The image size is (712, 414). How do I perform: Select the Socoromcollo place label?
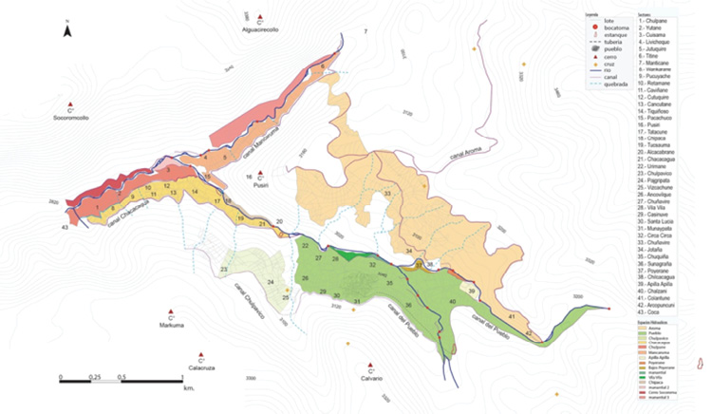coord(72,118)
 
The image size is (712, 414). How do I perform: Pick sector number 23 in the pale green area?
coord(224,271)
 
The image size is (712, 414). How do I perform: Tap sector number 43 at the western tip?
coord(64,228)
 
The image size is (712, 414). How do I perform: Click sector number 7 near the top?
coord(365,33)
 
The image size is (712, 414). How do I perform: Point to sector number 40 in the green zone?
coord(453,302)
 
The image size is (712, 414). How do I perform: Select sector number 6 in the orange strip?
coord(323,66)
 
